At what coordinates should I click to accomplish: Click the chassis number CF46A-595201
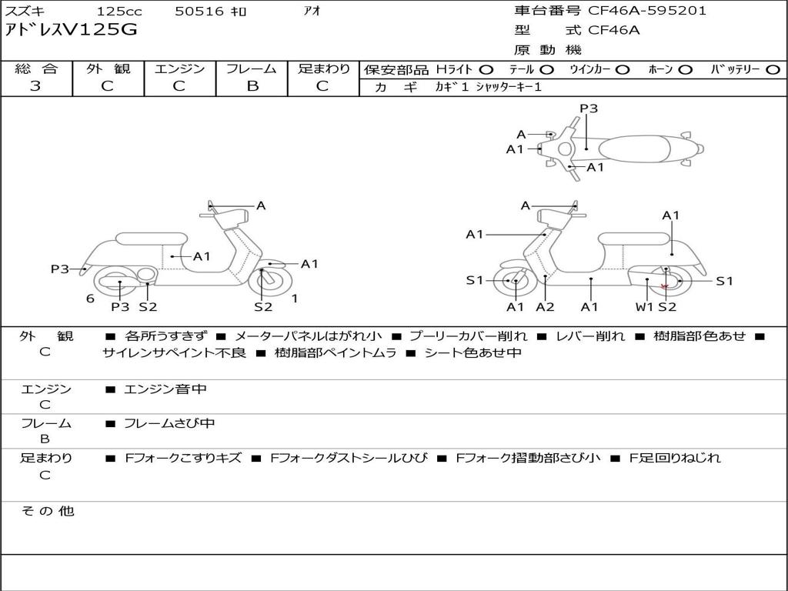click(647, 11)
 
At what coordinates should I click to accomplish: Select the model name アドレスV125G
click(71, 30)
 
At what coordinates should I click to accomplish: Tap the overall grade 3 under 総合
click(35, 86)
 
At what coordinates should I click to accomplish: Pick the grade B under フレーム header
click(252, 86)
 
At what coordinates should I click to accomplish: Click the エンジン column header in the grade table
click(179, 68)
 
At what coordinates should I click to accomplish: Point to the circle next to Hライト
click(486, 70)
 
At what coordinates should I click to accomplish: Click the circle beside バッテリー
click(773, 70)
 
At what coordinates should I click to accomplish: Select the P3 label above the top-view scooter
click(589, 108)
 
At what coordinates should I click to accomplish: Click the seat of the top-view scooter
click(634, 149)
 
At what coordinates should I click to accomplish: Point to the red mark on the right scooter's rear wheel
click(664, 286)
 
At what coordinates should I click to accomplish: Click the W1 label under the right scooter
click(644, 306)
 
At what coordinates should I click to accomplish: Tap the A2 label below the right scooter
click(545, 306)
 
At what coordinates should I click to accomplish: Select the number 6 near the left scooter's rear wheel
click(90, 299)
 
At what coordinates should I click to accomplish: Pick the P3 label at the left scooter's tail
click(60, 269)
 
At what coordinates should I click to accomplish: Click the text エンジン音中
click(165, 389)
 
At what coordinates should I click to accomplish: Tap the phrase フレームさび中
click(169, 423)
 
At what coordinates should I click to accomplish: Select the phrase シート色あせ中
click(473, 352)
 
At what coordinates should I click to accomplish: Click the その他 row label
click(48, 511)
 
